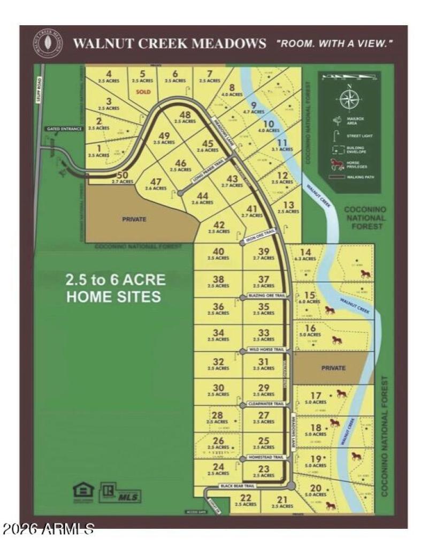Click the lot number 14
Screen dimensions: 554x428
[305, 252]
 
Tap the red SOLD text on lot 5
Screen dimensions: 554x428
[143, 92]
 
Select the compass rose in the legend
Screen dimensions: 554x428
[349, 99]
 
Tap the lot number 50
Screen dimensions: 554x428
[123, 175]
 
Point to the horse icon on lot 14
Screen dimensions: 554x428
[365, 274]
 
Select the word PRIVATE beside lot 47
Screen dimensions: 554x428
[134, 219]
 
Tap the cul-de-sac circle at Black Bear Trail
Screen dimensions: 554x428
[291, 486]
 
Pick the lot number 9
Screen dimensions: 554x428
[254, 105]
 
